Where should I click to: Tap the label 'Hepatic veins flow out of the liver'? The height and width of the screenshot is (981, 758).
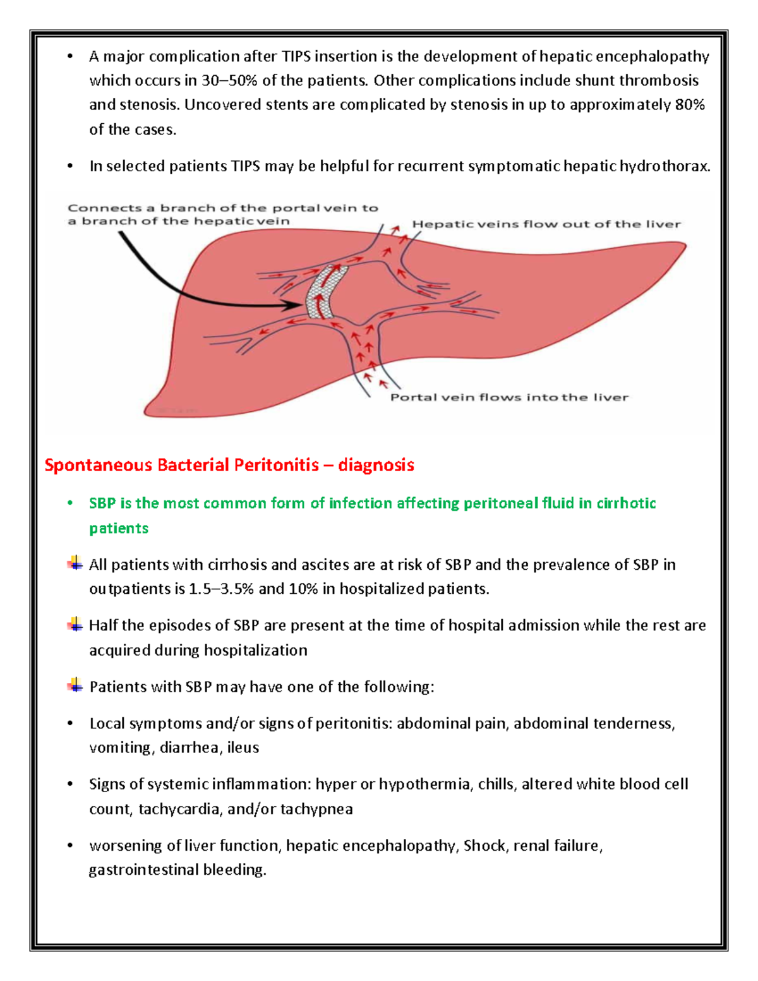[546, 224]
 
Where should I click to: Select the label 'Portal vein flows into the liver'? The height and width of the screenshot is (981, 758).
[509, 397]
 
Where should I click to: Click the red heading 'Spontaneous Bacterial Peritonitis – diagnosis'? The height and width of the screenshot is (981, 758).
[229, 466]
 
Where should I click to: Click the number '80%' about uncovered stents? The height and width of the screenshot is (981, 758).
[690, 105]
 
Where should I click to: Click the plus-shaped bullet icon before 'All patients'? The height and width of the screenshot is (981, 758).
[75, 563]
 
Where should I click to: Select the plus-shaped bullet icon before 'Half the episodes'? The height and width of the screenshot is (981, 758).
[75, 625]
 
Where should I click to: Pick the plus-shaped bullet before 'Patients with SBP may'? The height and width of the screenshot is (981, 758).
[75, 685]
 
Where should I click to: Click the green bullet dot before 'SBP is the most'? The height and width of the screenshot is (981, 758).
[71, 503]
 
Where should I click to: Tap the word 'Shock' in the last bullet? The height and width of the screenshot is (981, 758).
[484, 846]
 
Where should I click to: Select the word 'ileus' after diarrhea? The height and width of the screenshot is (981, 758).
[243, 748]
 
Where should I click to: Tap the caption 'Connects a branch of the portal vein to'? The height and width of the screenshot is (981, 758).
[223, 208]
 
